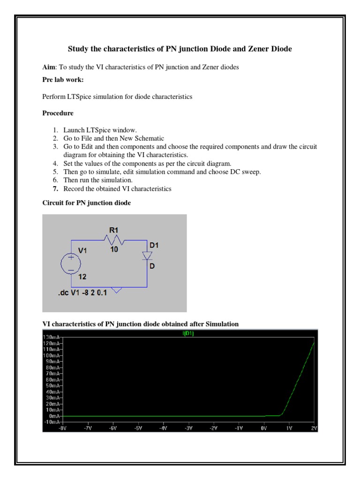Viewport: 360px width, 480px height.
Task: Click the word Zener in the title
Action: pos(252,49)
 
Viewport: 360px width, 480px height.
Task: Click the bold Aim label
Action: pos(48,67)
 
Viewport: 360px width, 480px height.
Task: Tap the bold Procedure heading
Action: pos(58,113)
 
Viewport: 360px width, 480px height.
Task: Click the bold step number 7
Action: pos(55,189)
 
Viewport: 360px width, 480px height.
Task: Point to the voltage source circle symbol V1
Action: pos(71,263)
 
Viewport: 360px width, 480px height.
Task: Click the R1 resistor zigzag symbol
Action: pos(114,240)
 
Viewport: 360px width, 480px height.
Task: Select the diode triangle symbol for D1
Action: pos(147,256)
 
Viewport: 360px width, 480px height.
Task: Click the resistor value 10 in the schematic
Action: pos(114,250)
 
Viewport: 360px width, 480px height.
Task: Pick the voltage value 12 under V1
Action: pos(82,277)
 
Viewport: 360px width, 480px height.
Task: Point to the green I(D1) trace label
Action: pos(180,334)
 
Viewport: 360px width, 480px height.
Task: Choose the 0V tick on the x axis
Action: pos(263,428)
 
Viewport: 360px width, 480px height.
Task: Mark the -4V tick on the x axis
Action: pos(164,428)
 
